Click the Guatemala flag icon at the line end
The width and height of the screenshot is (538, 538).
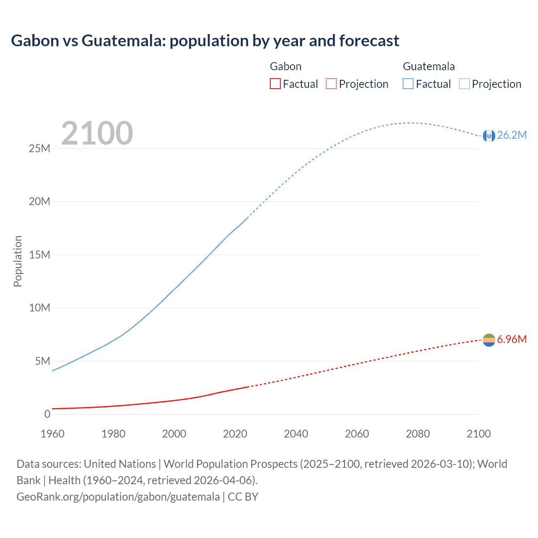(489, 135)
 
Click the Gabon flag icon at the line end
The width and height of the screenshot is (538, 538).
(489, 340)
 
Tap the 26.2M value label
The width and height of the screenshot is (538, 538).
(512, 135)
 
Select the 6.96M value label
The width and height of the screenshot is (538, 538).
(512, 339)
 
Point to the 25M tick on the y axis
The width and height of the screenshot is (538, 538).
(40, 148)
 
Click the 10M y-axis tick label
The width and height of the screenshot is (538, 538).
(40, 308)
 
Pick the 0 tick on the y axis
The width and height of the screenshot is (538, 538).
(47, 414)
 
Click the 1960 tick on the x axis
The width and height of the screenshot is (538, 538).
(53, 434)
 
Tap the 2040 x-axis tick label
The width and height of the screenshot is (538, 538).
(296, 434)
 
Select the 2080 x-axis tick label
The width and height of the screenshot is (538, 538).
(418, 434)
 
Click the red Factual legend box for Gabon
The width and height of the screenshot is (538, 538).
(275, 84)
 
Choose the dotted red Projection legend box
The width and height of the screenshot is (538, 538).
(331, 84)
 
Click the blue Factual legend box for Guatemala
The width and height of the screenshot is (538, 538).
(408, 84)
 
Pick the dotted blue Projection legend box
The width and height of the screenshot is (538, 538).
(464, 84)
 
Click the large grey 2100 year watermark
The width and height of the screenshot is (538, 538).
(97, 133)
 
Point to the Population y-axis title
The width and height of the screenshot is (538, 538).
(18, 261)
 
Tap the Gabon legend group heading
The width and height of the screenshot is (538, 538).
(285, 66)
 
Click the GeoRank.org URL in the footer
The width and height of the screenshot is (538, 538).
(118, 496)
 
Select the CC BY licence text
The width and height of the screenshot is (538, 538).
(243, 496)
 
